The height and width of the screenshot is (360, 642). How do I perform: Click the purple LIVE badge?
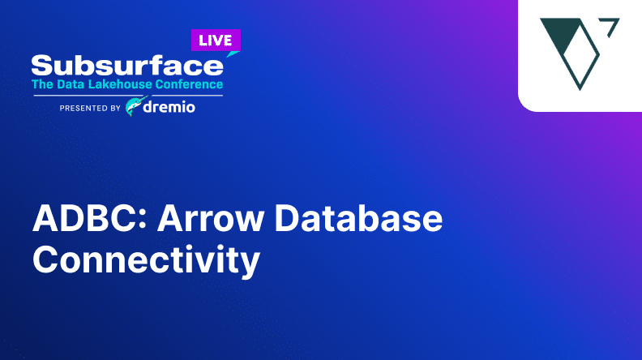pos(216,41)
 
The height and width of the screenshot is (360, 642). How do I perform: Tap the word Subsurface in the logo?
pos(127,66)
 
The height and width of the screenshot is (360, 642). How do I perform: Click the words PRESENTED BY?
pos(90,108)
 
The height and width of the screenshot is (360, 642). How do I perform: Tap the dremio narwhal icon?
pos(135,106)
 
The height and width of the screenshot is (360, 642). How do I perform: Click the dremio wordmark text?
pos(169,107)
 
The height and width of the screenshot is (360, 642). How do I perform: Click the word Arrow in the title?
pos(211,218)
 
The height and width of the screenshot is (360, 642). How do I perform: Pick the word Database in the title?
pos(358,218)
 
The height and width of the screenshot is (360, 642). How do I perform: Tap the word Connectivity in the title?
pos(146,259)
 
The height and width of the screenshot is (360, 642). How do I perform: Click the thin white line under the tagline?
pos(128,96)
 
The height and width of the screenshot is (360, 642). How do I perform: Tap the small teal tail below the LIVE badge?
pos(232,54)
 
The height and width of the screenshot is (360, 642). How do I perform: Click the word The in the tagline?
pos(43,84)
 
